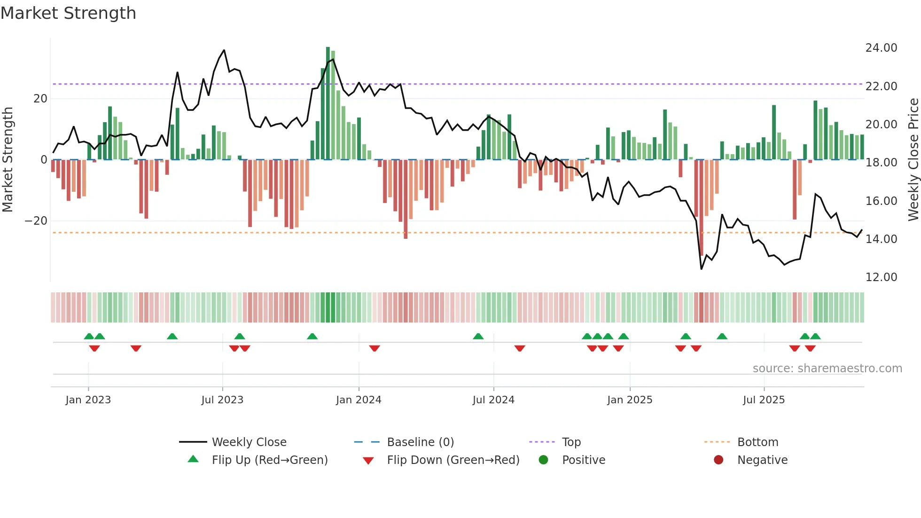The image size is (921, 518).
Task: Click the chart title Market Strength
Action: [x=68, y=13]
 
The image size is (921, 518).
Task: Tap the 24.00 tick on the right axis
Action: [x=881, y=48]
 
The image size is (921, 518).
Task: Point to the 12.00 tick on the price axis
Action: [x=881, y=277]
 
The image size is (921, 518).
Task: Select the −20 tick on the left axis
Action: [x=36, y=221]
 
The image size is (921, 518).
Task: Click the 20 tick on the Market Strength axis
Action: [x=40, y=99]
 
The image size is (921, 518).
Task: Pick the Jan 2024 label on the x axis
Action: [x=359, y=400]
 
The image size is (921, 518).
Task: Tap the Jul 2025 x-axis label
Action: [x=764, y=400]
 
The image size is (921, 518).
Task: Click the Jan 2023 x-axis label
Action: [x=88, y=400]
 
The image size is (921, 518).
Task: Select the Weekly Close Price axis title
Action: [x=913, y=160]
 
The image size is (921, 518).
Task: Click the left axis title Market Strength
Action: [x=8, y=160]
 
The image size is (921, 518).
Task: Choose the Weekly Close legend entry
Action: [x=249, y=442]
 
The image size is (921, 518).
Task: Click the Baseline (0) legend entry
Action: [x=420, y=442]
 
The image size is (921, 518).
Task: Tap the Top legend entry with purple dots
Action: [x=571, y=442]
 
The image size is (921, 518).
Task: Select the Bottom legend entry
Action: [x=757, y=442]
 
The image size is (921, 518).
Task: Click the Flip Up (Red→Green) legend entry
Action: [x=269, y=460]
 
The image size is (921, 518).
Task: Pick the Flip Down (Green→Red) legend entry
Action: [x=453, y=460]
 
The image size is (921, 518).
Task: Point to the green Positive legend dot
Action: [x=544, y=460]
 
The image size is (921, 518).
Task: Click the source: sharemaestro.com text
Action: [x=827, y=369]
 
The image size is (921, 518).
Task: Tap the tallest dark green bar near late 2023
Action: [x=328, y=103]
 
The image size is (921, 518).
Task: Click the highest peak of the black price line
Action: [x=224, y=50]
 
